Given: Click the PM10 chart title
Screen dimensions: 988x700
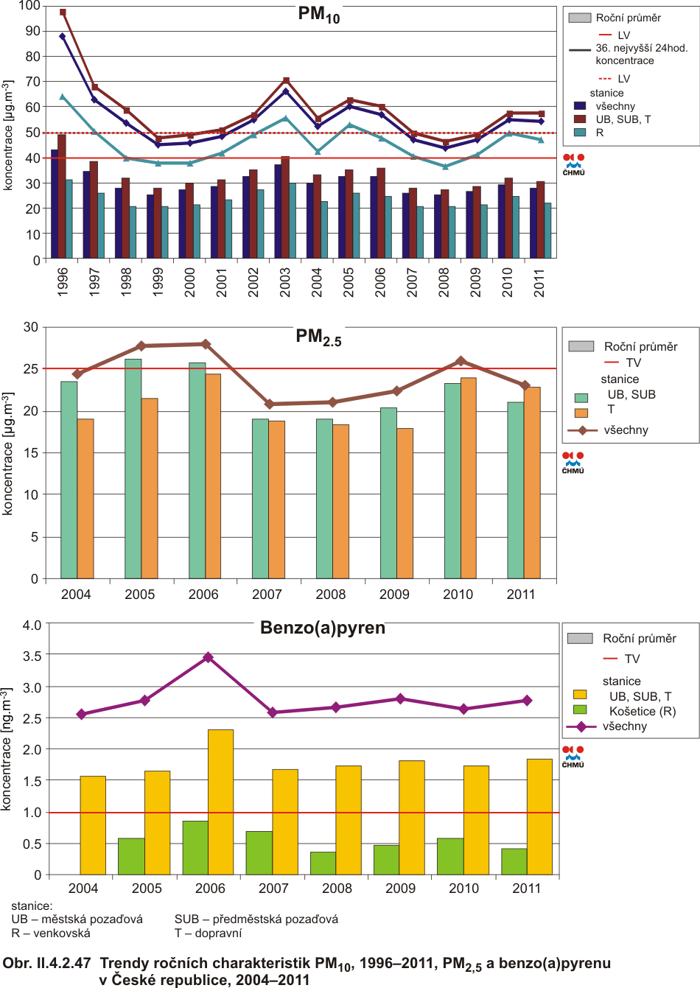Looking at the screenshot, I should tap(318, 14).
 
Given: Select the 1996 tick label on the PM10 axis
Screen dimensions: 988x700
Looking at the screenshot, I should tap(63, 282).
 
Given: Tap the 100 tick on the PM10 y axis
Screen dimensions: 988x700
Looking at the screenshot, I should tap(29, 6).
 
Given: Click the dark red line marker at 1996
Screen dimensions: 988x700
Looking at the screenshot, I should tap(63, 13).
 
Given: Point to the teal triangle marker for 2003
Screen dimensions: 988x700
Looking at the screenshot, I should tap(286, 118).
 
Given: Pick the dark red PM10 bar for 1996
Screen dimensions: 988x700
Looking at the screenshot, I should tap(62, 196).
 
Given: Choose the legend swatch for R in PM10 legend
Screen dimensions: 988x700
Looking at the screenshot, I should tap(580, 133).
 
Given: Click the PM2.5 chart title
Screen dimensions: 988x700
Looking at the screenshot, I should tap(318, 337).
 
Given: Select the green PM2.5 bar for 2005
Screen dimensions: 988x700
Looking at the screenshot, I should tap(133, 469).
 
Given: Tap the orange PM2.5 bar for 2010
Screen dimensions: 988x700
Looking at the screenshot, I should tap(468, 478).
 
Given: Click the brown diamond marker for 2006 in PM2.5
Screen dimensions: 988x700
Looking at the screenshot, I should tap(206, 344).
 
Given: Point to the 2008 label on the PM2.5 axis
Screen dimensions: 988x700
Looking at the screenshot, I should tap(331, 595).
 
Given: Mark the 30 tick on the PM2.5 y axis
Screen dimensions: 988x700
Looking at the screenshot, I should tap(30, 327).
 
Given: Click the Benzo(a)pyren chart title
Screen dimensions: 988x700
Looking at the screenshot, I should tap(323, 628).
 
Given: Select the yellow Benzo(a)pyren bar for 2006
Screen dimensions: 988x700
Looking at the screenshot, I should tap(220, 802).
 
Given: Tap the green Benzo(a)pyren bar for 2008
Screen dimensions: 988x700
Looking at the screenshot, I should tap(323, 863).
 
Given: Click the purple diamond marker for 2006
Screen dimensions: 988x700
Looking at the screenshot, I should tap(208, 657).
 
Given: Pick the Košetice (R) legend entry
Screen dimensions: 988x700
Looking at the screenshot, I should tap(642, 711).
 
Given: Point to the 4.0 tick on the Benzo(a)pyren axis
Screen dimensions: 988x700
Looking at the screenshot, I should tap(32, 626).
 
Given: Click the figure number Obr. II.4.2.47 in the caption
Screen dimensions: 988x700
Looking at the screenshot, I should tap(47, 964).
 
